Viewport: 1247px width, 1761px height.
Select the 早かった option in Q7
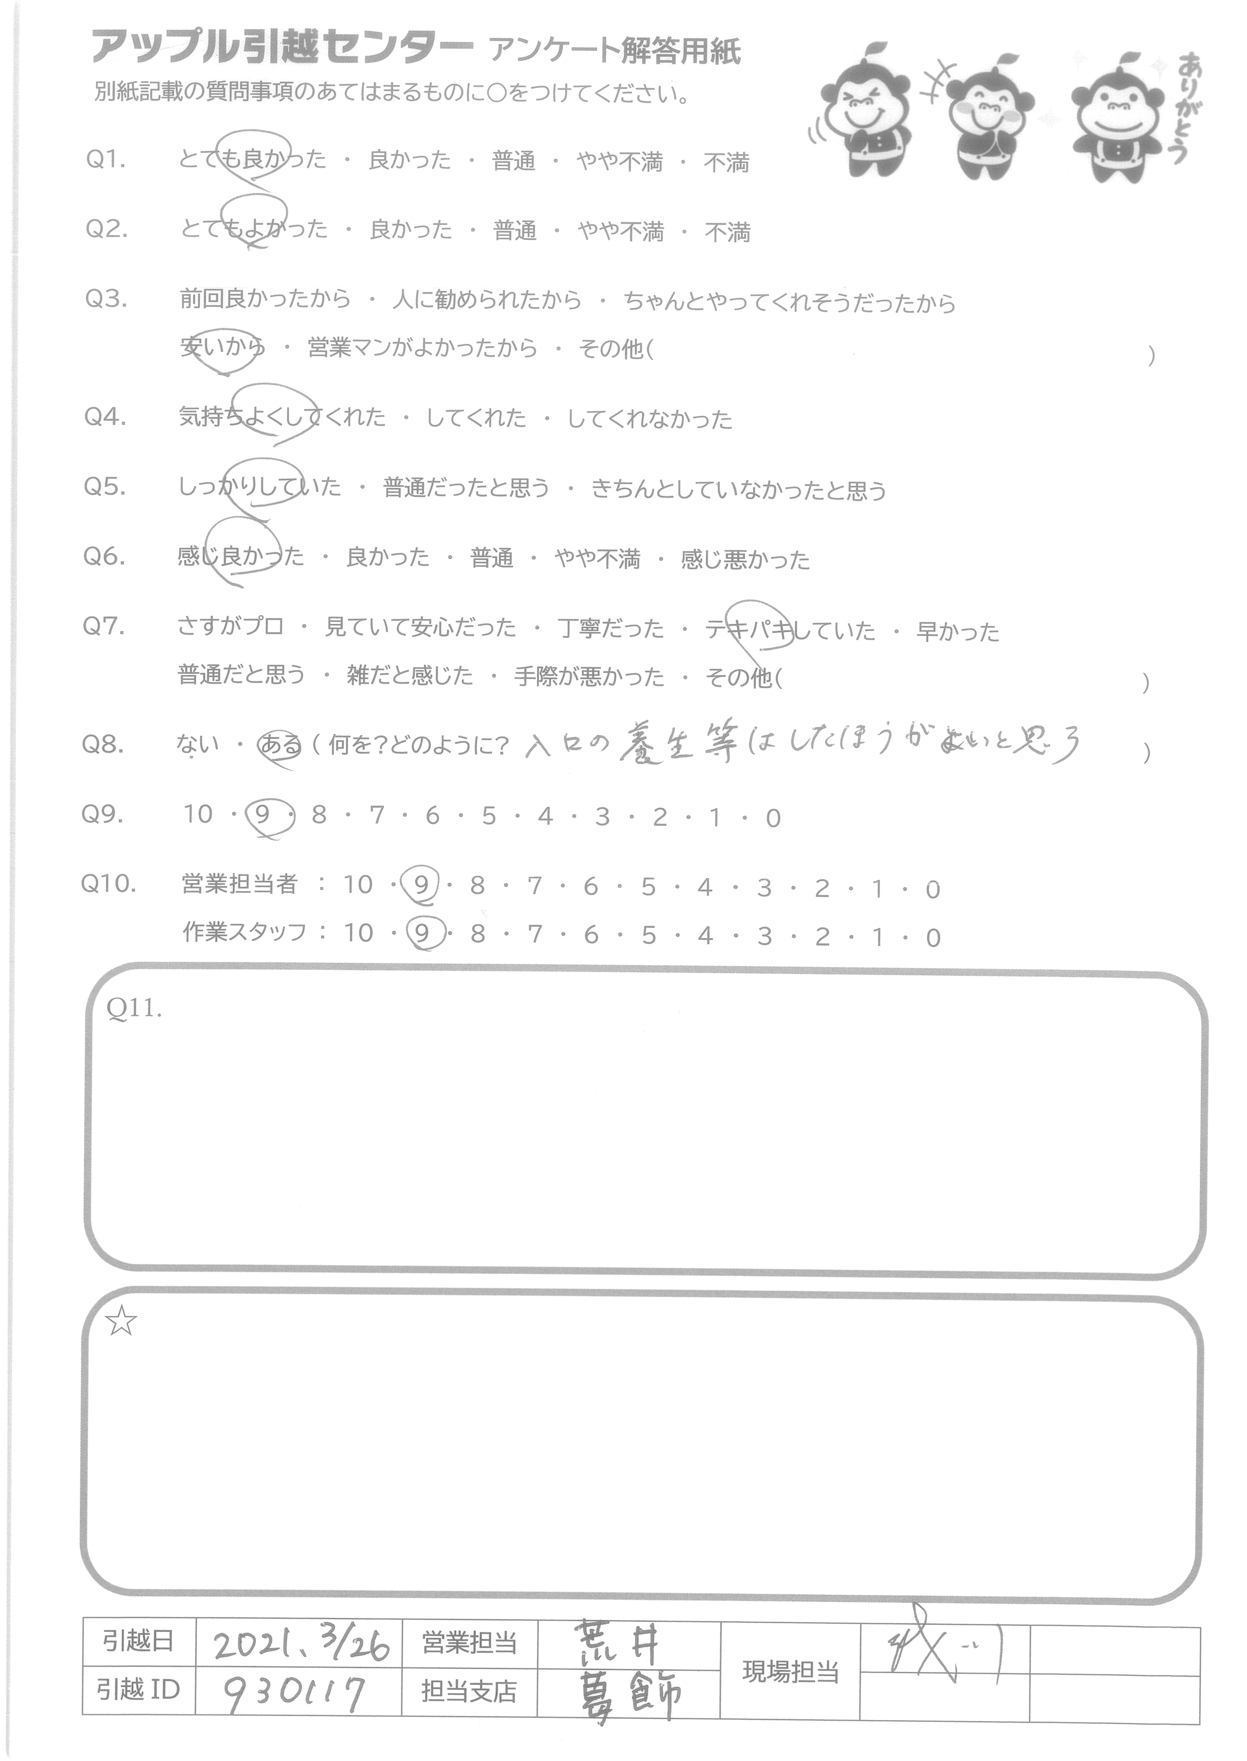click(958, 631)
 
